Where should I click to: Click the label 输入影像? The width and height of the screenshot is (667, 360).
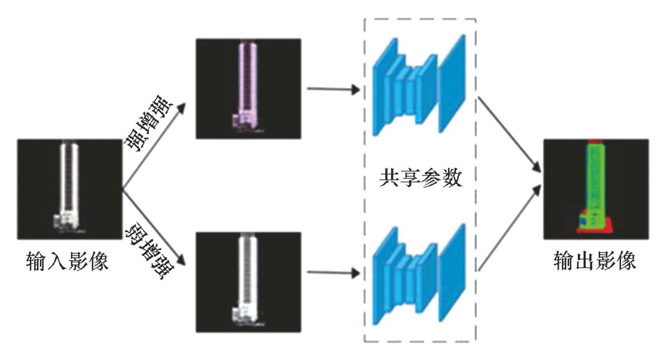coord(67,261)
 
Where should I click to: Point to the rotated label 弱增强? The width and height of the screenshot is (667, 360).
coord(149,252)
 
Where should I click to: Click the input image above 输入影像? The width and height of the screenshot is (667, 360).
coord(70,189)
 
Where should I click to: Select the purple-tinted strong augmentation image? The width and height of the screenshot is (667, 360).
coord(248,88)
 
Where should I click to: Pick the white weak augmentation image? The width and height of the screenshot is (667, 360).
coord(248,282)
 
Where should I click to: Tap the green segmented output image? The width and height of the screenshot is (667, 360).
coord(596,189)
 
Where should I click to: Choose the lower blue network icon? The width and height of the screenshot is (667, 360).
coord(418,275)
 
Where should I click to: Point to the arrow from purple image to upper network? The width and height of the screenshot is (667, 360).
coord(333,90)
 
